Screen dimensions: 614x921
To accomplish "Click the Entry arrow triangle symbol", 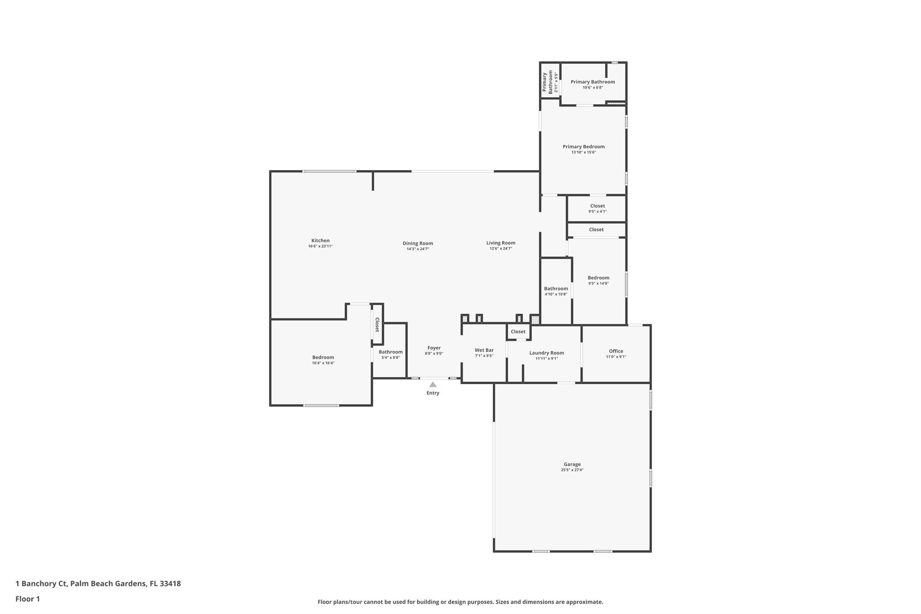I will [433, 385].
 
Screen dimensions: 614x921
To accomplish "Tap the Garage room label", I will [572, 464].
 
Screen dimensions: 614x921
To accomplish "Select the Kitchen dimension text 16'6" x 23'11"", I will [320, 246].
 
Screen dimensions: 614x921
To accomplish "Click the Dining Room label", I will [418, 243].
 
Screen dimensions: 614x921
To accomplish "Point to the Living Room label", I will [501, 243].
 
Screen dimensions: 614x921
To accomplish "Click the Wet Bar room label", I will [484, 350].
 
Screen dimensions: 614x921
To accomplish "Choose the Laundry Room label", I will [546, 353].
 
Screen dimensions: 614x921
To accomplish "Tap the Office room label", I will [616, 351].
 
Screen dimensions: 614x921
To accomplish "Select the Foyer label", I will [434, 348].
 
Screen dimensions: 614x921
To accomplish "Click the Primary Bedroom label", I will [583, 147].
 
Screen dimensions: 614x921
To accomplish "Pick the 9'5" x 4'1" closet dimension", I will [597, 211].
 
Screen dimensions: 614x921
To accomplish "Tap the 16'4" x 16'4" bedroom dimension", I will [323, 363].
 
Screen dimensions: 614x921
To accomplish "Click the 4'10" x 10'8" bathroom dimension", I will [556, 294].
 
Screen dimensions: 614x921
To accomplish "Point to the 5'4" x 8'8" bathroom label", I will [390, 352].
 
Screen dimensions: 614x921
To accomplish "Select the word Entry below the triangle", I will [433, 393].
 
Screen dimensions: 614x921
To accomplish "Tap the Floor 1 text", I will [27, 599].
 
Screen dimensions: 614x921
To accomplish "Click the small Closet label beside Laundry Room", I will [518, 332].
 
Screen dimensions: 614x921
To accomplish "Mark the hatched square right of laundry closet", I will [535, 320].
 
